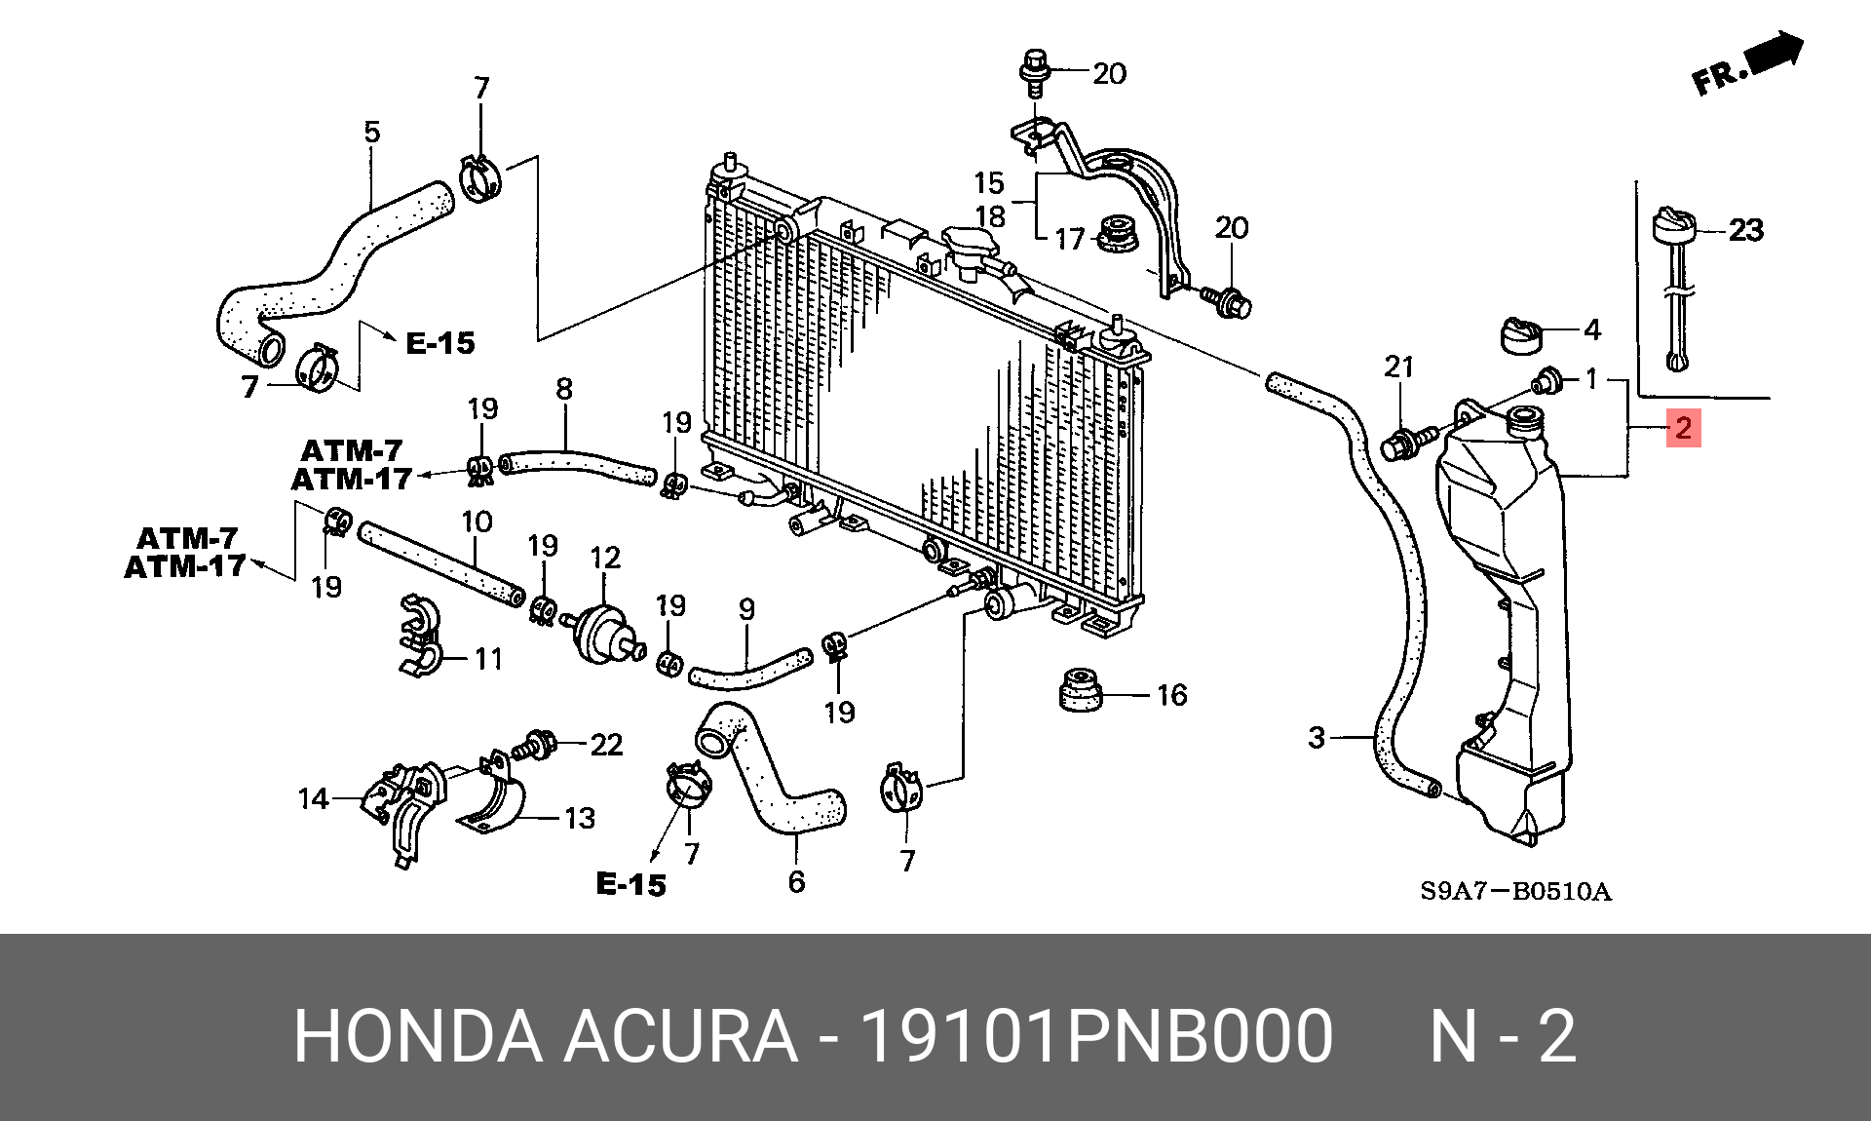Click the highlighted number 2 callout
(1683, 428)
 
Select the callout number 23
(1745, 230)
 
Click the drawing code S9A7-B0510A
(1515, 891)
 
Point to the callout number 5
(372, 131)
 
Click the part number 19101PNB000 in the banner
(1096, 1035)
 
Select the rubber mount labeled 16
(1079, 691)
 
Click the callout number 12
(605, 558)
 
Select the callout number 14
(313, 799)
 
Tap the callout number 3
(1317, 737)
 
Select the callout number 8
(564, 389)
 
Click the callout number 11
(488, 659)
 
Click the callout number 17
(1070, 239)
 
